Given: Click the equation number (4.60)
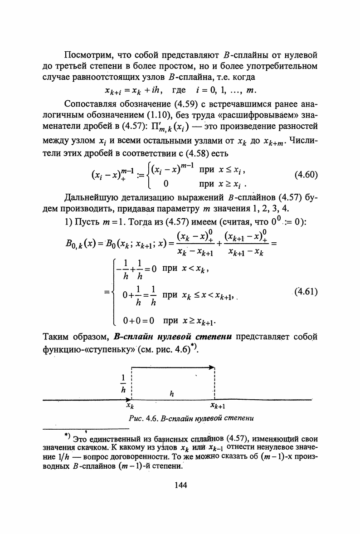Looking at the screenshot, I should tap(306, 175).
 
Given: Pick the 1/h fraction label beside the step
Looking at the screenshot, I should tap(123, 383).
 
